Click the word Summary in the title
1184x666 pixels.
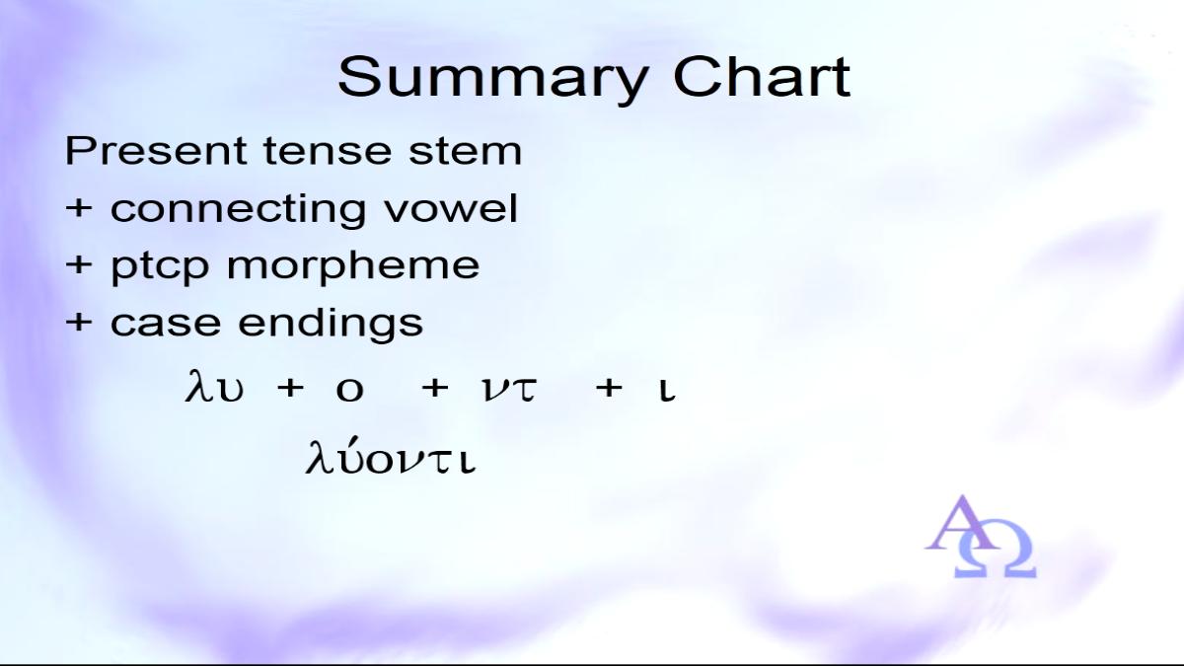[493, 80]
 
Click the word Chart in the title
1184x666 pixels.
[762, 77]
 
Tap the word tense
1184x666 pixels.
[328, 151]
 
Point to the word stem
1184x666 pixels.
[465, 152]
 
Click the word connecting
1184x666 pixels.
[238, 210]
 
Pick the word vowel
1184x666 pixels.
[450, 208]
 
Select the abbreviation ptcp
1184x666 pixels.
[160, 267]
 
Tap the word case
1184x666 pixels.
[166, 323]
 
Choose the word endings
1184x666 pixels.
[331, 324]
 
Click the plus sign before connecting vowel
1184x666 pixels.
[79, 208]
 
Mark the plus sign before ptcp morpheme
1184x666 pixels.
[79, 264]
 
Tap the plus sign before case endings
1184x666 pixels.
[79, 322]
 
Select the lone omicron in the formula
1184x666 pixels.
[350, 391]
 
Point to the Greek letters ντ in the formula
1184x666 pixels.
[509, 390]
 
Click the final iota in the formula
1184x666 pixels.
[667, 391]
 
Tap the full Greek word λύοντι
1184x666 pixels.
[391, 456]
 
